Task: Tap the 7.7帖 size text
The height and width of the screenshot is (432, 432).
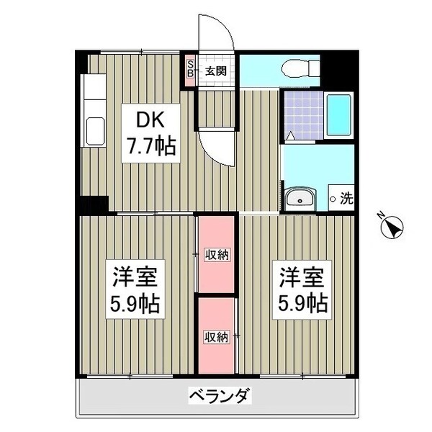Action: click(x=149, y=148)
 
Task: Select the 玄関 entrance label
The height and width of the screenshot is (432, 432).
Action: click(x=215, y=71)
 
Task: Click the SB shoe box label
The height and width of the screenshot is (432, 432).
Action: click(x=191, y=68)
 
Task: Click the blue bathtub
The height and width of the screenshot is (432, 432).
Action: click(x=339, y=114)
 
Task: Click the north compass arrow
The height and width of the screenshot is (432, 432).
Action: click(x=393, y=228)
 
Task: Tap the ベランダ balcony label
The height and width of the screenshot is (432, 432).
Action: click(x=219, y=396)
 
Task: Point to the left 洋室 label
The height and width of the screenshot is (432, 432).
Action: click(x=134, y=277)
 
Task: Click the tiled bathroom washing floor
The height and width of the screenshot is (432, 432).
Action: click(x=303, y=114)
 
